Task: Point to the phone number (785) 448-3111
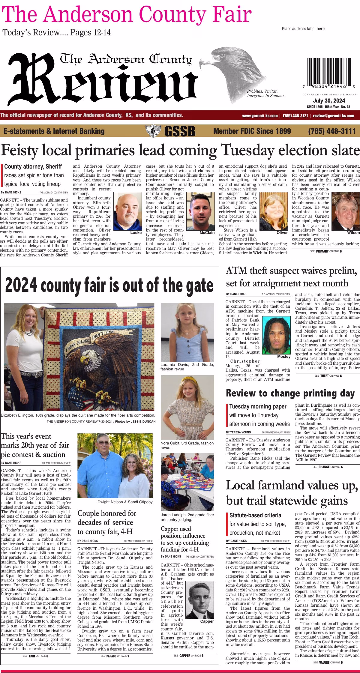click(x=331, y=131)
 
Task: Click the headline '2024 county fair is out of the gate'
click(x=109, y=285)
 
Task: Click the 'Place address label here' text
click(x=303, y=28)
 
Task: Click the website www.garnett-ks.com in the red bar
click(x=260, y=116)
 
